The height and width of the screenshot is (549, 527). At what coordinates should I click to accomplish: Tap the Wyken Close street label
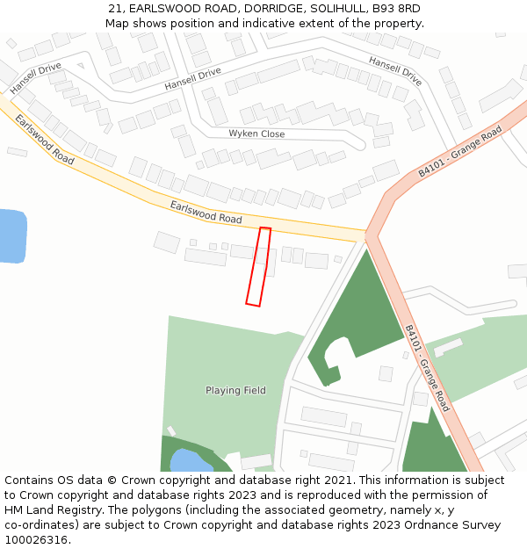pos(256,134)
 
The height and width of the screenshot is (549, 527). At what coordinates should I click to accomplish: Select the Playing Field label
pos(235,390)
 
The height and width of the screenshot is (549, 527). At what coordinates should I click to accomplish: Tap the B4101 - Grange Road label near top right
pos(459,152)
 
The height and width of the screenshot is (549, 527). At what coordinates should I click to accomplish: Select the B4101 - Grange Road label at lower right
pos(427,368)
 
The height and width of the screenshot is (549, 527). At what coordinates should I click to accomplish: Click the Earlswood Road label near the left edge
pos(45,141)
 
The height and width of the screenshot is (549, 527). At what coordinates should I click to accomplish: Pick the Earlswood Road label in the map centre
pos(206,212)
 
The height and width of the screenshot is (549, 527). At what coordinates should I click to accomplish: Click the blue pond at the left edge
pos(11,235)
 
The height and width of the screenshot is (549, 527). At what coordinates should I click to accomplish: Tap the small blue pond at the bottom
pos(190,460)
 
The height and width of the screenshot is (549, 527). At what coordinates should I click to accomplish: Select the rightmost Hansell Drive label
pos(395,71)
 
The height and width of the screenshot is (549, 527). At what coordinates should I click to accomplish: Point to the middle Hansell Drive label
pos(192,80)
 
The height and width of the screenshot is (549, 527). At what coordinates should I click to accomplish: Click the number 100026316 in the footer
pos(36,540)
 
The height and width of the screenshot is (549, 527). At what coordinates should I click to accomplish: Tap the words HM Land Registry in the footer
pos(47,510)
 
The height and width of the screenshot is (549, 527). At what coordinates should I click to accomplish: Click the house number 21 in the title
pos(116,8)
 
